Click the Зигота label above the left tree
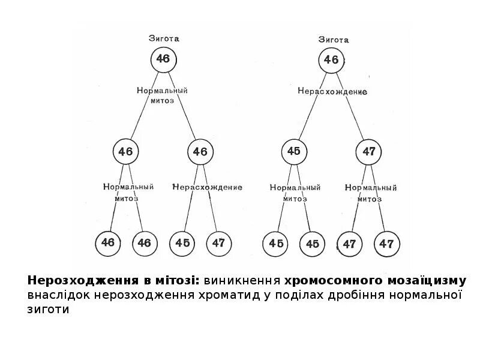164,38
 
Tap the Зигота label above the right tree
334,40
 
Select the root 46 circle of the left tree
163,59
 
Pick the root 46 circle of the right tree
331,60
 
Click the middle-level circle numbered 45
293,151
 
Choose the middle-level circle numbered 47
368,152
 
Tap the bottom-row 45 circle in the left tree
182,243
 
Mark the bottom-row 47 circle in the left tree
218,243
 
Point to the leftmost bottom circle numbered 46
108,243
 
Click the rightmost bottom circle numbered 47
386,244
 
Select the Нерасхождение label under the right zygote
332,92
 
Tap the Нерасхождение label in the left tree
208,187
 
